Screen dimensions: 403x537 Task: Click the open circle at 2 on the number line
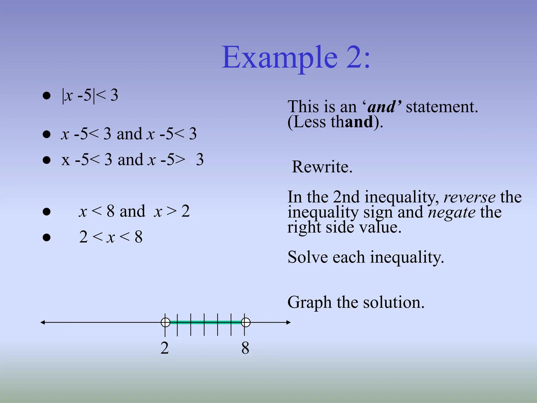click(165, 322)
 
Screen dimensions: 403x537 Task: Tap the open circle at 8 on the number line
click(245, 322)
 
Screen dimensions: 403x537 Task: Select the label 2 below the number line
click(165, 348)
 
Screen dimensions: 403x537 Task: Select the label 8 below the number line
click(245, 348)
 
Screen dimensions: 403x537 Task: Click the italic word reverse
click(469, 197)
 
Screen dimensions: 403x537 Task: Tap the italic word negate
click(452, 212)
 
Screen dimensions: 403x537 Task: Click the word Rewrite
click(322, 167)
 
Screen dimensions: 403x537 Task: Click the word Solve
click(307, 257)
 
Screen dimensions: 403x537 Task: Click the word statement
click(442, 107)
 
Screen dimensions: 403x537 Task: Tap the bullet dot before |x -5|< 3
click(46, 96)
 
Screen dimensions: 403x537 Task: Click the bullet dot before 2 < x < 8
click(46, 237)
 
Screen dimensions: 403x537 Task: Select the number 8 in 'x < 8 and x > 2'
click(110, 211)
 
